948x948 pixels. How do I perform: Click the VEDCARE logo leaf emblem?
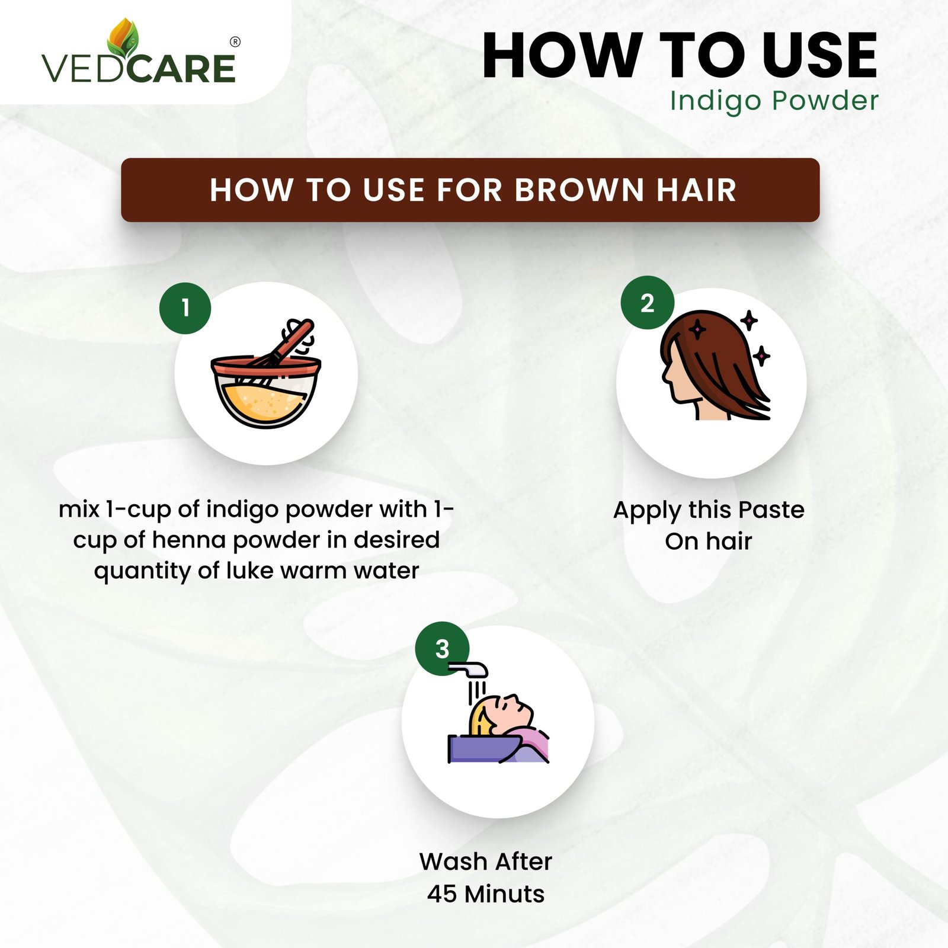pyautogui.click(x=123, y=38)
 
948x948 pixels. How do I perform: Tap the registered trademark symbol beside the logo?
pyautogui.click(x=235, y=42)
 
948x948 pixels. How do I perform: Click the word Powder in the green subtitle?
pyautogui.click(x=825, y=100)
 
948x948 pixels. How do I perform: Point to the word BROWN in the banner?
pyautogui.click(x=579, y=190)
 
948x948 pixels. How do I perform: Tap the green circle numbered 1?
pyautogui.click(x=185, y=308)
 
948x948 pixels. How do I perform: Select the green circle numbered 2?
pyautogui.click(x=647, y=303)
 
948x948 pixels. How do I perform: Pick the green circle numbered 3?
pyautogui.click(x=442, y=649)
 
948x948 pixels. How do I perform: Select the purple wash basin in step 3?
pyautogui.click(x=486, y=748)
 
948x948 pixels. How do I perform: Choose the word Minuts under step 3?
pyautogui.click(x=505, y=893)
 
